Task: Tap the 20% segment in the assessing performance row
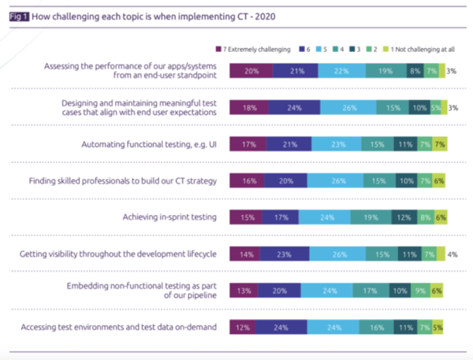251,72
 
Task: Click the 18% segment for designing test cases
248,108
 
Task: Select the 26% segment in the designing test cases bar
348,108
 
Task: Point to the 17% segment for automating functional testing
248,145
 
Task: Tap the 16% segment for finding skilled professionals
246,181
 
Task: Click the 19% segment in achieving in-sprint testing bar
367,217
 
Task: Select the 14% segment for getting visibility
244,254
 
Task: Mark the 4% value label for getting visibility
452,254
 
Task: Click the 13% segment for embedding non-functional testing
243,291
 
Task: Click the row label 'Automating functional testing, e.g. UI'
149,145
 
